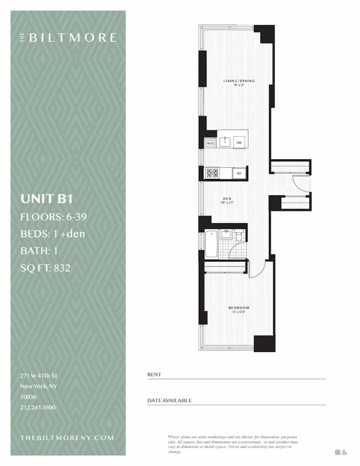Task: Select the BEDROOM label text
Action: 238,308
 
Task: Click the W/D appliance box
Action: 210,143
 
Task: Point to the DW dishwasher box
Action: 239,143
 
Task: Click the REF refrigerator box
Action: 239,173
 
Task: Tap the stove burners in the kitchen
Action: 213,173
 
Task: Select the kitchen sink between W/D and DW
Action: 225,142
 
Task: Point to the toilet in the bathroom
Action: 239,237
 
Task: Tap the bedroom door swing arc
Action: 256,270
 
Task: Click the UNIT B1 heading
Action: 47,199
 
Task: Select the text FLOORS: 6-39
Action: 54,216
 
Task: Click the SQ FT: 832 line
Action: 45,267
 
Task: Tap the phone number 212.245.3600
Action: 38,407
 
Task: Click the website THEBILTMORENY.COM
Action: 67,438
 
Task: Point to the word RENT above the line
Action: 154,374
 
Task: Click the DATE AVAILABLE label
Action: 169,400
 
